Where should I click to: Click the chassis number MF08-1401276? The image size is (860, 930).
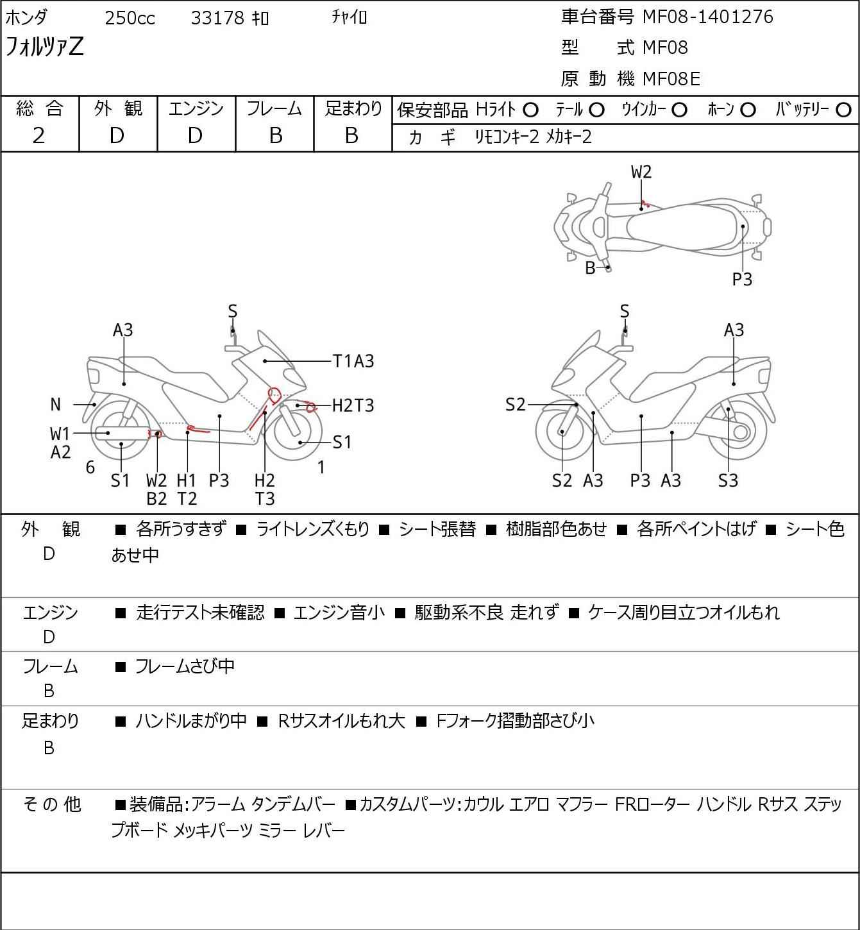[x=707, y=17]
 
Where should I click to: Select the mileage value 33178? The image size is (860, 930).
[x=217, y=18]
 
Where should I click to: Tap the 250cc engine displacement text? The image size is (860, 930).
[x=130, y=18]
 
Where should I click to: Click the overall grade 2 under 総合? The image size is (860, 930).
[x=39, y=135]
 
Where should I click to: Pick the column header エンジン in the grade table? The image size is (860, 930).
[x=196, y=108]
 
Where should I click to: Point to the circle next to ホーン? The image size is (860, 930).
[x=748, y=110]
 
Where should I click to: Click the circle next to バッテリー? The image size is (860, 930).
[x=843, y=110]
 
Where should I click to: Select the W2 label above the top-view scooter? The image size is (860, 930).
[x=641, y=172]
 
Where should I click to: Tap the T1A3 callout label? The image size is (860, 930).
[x=353, y=361]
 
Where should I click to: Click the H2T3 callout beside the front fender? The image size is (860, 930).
[x=353, y=405]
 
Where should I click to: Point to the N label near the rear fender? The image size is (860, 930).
[x=55, y=404]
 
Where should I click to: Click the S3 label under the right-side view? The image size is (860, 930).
[x=728, y=480]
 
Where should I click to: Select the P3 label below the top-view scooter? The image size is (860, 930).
[x=742, y=279]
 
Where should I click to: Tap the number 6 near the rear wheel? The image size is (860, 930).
[x=90, y=467]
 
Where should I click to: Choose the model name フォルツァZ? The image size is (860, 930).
[x=44, y=46]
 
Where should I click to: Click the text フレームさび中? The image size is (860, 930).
[x=185, y=666]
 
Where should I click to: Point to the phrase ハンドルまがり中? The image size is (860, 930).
[x=191, y=720]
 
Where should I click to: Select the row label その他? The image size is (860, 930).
[x=52, y=804]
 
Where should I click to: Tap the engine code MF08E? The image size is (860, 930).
[x=671, y=79]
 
